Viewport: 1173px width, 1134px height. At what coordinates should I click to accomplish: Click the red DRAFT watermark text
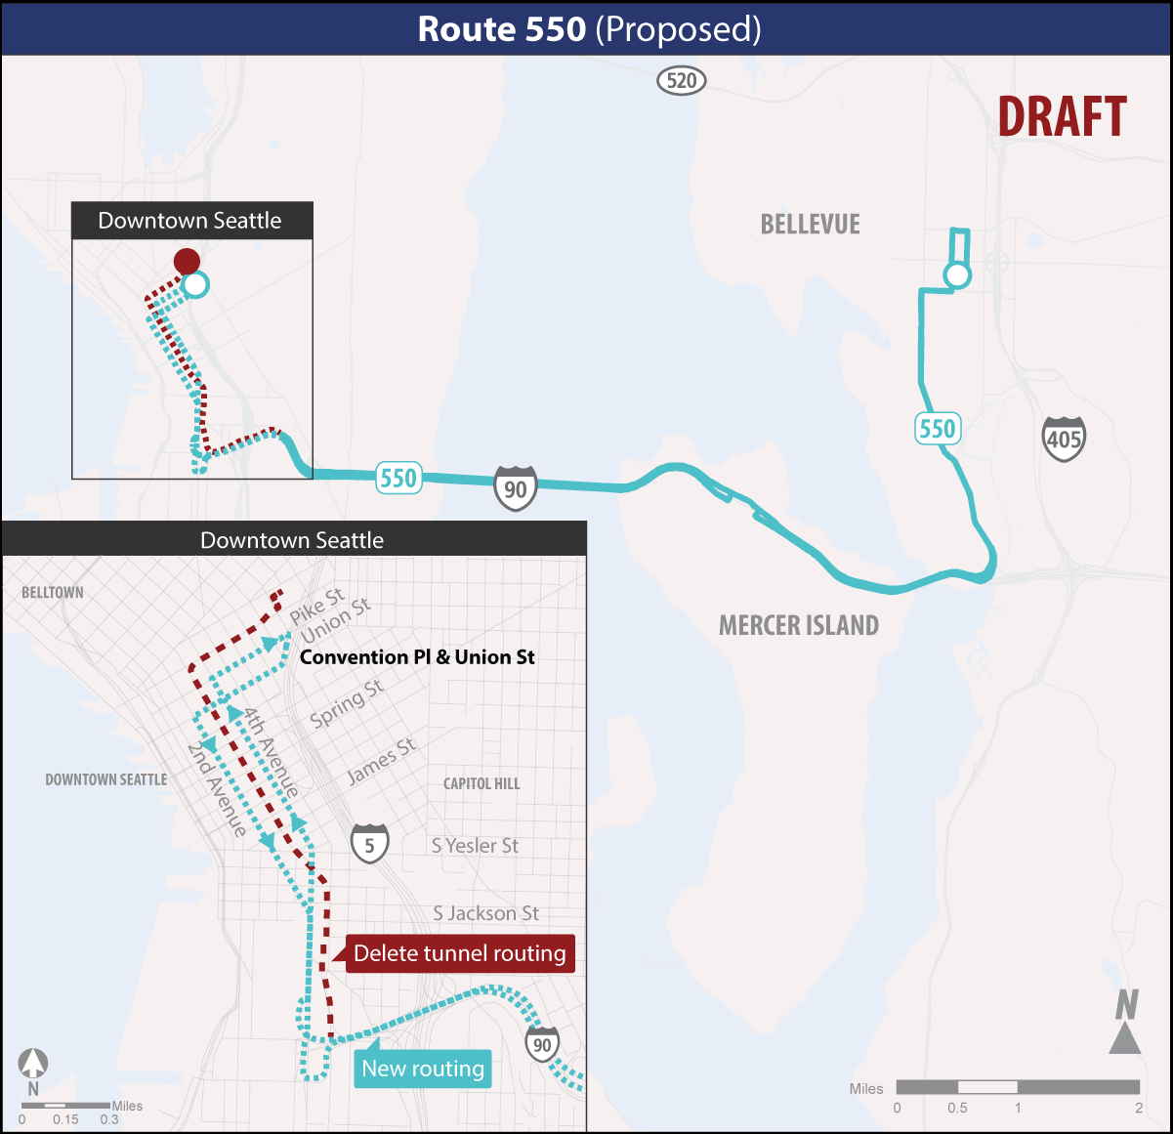pyautogui.click(x=1062, y=117)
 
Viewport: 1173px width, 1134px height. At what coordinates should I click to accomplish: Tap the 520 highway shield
pyautogui.click(x=681, y=80)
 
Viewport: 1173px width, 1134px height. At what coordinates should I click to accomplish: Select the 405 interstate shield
pyautogui.click(x=1063, y=440)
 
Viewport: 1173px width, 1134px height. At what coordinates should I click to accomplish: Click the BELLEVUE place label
pyautogui.click(x=810, y=225)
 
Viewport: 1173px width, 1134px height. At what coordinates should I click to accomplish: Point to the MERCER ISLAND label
pyautogui.click(x=798, y=625)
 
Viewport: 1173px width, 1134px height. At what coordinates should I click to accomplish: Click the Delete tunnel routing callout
pyautogui.click(x=459, y=953)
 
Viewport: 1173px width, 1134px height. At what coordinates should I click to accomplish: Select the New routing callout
pyautogui.click(x=423, y=1069)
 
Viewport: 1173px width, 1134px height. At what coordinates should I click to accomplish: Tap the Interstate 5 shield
pyautogui.click(x=369, y=845)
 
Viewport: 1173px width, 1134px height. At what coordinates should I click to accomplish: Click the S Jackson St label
pyautogui.click(x=485, y=913)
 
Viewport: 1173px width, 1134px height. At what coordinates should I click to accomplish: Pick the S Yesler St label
pyautogui.click(x=475, y=846)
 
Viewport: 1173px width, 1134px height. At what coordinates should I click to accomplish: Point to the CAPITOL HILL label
pyautogui.click(x=482, y=783)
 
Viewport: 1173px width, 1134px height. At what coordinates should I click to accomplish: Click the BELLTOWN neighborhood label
pyautogui.click(x=53, y=593)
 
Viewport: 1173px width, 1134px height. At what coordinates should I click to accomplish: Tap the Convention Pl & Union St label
pyautogui.click(x=417, y=657)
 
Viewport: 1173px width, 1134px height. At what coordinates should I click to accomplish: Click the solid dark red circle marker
pyautogui.click(x=187, y=261)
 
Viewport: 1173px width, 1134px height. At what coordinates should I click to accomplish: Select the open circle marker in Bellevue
pyautogui.click(x=957, y=275)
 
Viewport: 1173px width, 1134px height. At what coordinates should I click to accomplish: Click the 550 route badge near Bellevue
pyautogui.click(x=937, y=429)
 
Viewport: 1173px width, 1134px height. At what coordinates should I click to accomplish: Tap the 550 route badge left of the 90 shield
pyautogui.click(x=398, y=478)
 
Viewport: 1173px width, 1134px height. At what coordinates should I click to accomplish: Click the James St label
pyautogui.click(x=382, y=761)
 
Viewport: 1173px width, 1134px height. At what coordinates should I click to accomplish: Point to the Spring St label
pyautogui.click(x=347, y=704)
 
